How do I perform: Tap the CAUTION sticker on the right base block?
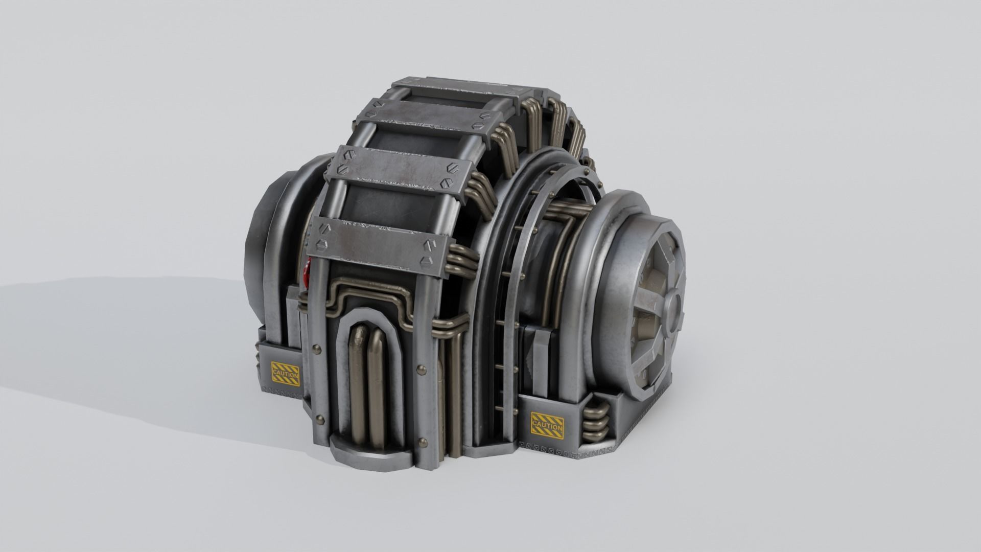click(x=547, y=422)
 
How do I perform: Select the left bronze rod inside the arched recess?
click(x=358, y=371)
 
